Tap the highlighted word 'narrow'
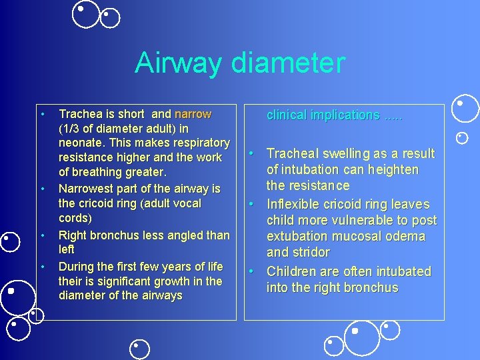pyautogui.click(x=193, y=114)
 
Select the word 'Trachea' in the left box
pyautogui.click(x=81, y=114)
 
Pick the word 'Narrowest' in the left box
pyautogui.click(x=87, y=189)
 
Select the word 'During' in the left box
pyautogui.click(x=77, y=267)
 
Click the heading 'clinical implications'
pyautogui.click(x=323, y=115)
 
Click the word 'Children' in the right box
pyautogui.click(x=294, y=271)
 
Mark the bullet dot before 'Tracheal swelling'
pyautogui.click(x=254, y=153)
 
